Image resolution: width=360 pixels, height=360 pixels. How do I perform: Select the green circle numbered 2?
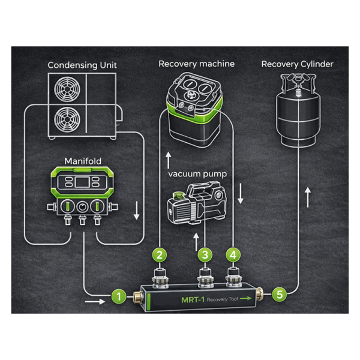[x=159, y=254]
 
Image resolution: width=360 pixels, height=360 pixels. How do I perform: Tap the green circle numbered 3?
[x=205, y=254]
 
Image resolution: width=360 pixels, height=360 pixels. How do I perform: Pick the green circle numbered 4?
[x=233, y=254]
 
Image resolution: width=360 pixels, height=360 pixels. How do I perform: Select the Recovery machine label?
[x=196, y=64]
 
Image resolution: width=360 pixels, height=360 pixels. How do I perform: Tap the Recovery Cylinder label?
[x=297, y=64]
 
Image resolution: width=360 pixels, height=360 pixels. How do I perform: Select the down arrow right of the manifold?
[x=137, y=209]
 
